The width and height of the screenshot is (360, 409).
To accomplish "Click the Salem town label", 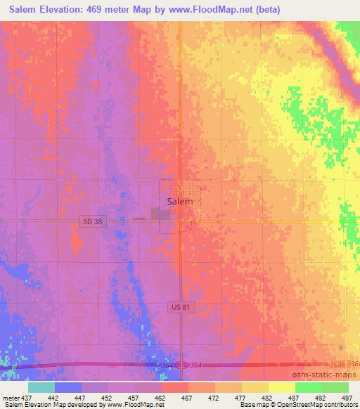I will [180, 202].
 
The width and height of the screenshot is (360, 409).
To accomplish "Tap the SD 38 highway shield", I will [88, 221].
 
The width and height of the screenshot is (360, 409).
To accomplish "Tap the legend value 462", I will [162, 397].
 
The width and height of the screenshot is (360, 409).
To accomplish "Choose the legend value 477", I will [242, 397].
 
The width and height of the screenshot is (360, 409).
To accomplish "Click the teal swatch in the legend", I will [41, 387].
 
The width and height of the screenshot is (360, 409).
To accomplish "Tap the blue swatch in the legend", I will [68, 387].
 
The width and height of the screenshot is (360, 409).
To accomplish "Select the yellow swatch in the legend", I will [255, 387].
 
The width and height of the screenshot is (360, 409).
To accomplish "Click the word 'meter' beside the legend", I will [9, 397].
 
